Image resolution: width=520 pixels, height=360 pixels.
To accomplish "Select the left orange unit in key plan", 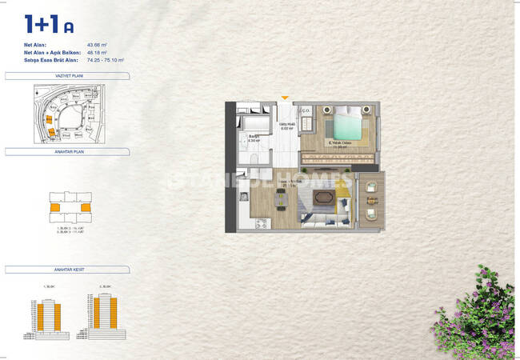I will point(54,208).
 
